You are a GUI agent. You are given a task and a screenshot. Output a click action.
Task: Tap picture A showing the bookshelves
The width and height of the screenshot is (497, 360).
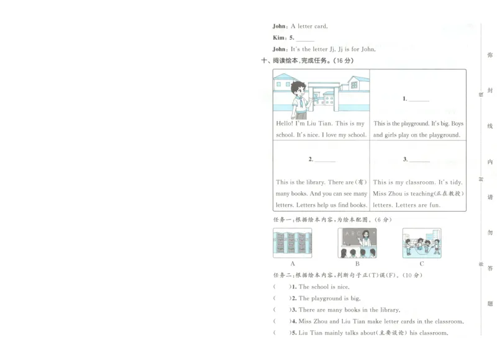pyautogui.click(x=293, y=243)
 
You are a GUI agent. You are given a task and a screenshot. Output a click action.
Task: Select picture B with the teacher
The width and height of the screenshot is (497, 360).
pyautogui.click(x=357, y=243)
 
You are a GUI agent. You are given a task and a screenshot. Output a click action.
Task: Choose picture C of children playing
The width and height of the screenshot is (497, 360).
pyautogui.click(x=422, y=243)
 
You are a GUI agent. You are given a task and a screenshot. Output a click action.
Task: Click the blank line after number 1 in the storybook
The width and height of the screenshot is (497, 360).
pyautogui.click(x=419, y=99)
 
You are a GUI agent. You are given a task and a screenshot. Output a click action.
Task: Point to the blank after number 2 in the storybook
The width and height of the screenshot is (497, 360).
pyautogui.click(x=325, y=160)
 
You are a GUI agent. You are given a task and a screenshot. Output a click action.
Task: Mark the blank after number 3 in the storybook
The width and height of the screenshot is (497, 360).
pyautogui.click(x=419, y=160)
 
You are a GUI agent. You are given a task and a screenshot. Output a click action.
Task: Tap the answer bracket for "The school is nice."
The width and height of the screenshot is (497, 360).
pyautogui.click(x=281, y=287)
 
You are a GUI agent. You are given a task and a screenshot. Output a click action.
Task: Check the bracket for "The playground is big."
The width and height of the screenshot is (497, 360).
pyautogui.click(x=281, y=299)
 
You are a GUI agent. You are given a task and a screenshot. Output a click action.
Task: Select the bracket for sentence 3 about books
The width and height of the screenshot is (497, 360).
pyautogui.click(x=281, y=310)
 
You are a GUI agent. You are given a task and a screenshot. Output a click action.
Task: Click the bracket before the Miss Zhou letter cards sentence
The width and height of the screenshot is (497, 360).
pyautogui.click(x=281, y=322)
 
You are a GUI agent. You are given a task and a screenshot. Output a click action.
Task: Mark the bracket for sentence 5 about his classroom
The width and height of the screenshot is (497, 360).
pyautogui.click(x=281, y=333)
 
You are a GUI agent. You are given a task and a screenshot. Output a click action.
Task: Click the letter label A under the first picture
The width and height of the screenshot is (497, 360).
pyautogui.click(x=293, y=264)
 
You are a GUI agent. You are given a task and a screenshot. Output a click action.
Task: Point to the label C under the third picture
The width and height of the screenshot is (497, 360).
pyautogui.click(x=422, y=264)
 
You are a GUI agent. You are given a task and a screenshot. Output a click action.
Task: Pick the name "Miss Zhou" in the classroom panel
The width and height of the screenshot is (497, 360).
pyautogui.click(x=386, y=194)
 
